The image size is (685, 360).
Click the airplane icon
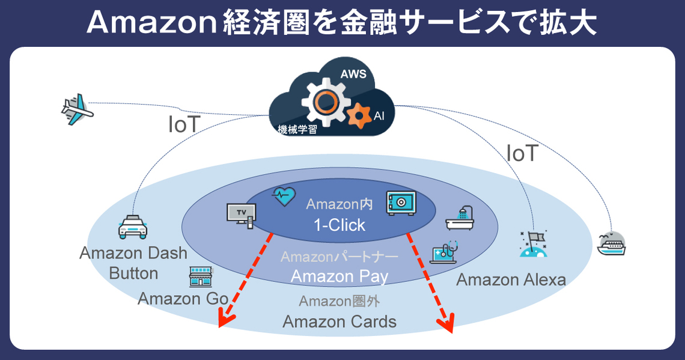pyautogui.click(x=78, y=110)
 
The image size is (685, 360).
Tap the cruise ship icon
pyautogui.click(x=612, y=243)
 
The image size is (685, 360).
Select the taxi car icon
pyautogui.click(x=133, y=227)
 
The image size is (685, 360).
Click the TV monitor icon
pyautogui.click(x=242, y=215)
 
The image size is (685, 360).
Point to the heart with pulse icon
pyautogui.click(x=284, y=195)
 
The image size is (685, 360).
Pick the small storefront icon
pyautogui.click(x=201, y=276)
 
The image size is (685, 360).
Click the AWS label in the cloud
pyautogui.click(x=353, y=75)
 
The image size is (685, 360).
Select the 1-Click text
pyautogui.click(x=339, y=225)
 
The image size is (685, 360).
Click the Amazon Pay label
pyautogui.click(x=339, y=276)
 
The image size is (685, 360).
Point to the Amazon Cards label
pyautogui.click(x=339, y=322)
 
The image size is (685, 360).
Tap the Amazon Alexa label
pyautogui.click(x=511, y=279)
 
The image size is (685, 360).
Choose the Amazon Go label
pyautogui.click(x=183, y=298)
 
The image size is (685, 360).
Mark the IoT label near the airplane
pyautogui.click(x=184, y=125)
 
